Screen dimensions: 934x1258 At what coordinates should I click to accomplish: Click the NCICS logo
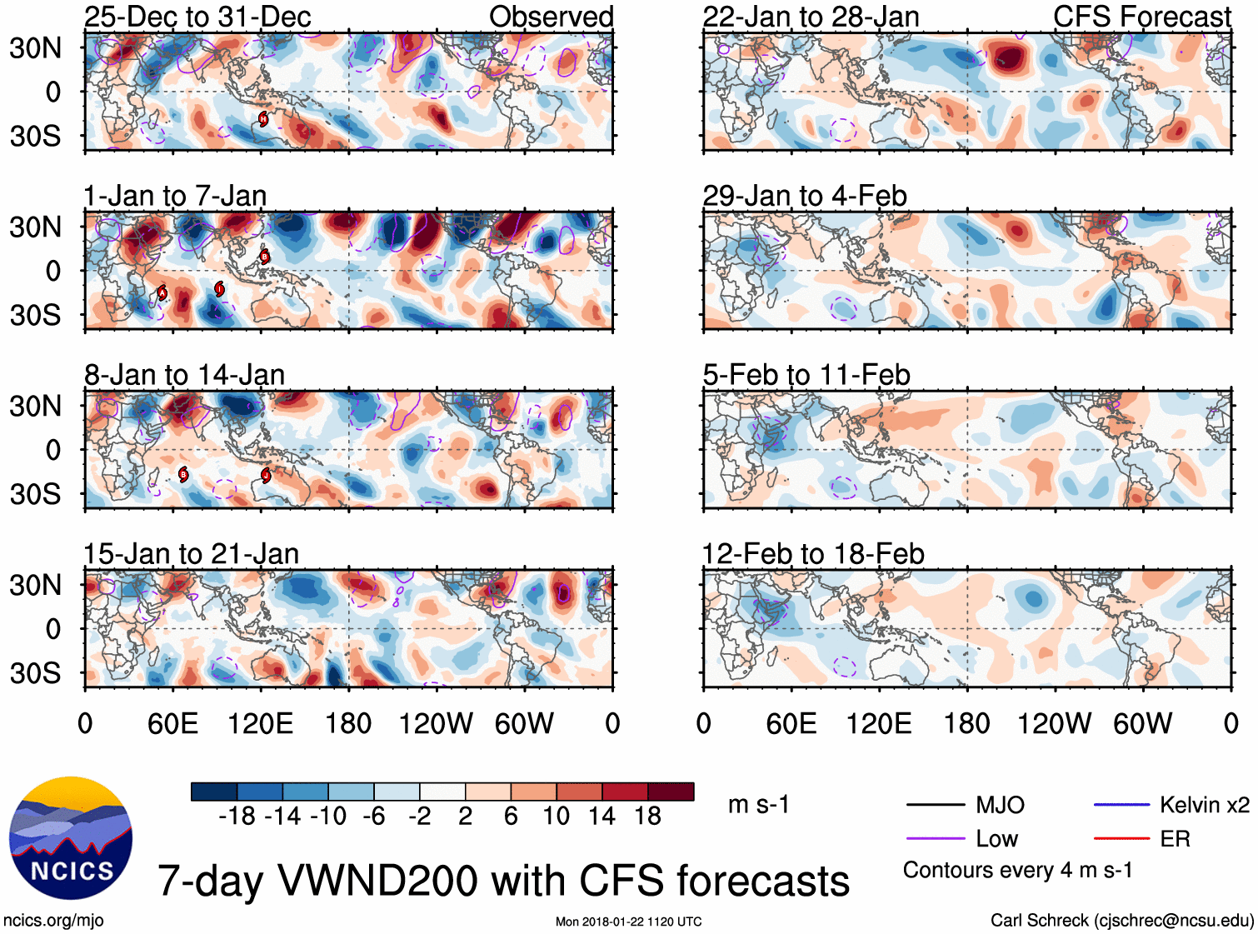71,837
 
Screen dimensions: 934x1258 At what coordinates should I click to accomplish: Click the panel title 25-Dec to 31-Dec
197,17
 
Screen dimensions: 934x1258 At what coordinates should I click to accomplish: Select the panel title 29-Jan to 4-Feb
804,196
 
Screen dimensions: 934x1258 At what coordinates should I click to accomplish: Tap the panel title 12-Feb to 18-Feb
813,554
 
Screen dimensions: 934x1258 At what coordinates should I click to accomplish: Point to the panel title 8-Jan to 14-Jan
184,375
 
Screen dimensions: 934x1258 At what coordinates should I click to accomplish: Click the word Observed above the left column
551,17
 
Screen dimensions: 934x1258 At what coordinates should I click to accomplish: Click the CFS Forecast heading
1141,17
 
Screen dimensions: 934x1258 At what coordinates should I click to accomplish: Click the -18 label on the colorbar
237,817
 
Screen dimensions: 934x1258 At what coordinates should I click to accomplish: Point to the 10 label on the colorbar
557,817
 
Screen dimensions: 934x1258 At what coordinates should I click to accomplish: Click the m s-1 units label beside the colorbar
758,805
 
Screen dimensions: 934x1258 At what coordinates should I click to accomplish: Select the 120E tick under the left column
261,723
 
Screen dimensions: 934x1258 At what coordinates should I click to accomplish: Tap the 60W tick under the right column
1143,723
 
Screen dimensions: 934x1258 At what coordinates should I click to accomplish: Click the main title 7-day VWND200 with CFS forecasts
503,881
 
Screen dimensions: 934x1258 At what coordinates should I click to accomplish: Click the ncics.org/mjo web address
53,921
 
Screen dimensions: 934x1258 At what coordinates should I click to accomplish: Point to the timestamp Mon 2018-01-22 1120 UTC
628,922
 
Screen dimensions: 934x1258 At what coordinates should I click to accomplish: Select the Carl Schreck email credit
1121,921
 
